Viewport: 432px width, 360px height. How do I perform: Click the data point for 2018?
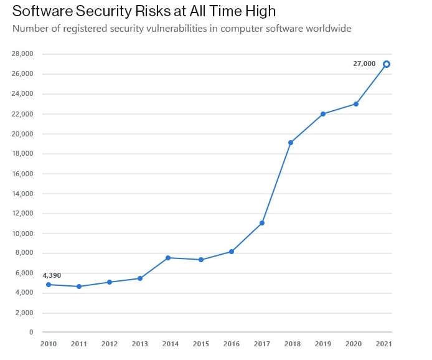(x=291, y=143)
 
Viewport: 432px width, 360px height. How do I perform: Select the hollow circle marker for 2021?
(x=387, y=64)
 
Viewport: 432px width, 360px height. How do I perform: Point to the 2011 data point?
(x=78, y=287)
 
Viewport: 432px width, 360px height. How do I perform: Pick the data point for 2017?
(x=262, y=223)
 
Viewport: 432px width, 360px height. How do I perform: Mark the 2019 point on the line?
(x=323, y=114)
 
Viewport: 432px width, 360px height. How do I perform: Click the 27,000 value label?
(x=364, y=64)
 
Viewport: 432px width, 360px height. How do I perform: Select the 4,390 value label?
(x=52, y=275)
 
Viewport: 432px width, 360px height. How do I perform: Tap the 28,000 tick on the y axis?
(x=22, y=54)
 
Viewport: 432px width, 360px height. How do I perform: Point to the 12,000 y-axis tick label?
(x=22, y=214)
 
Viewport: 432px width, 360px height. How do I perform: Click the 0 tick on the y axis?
(x=31, y=333)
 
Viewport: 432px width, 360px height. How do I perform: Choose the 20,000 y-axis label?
(x=22, y=134)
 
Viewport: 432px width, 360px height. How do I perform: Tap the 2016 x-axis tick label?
(x=232, y=343)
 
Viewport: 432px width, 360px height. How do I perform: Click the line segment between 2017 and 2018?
(x=276, y=183)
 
